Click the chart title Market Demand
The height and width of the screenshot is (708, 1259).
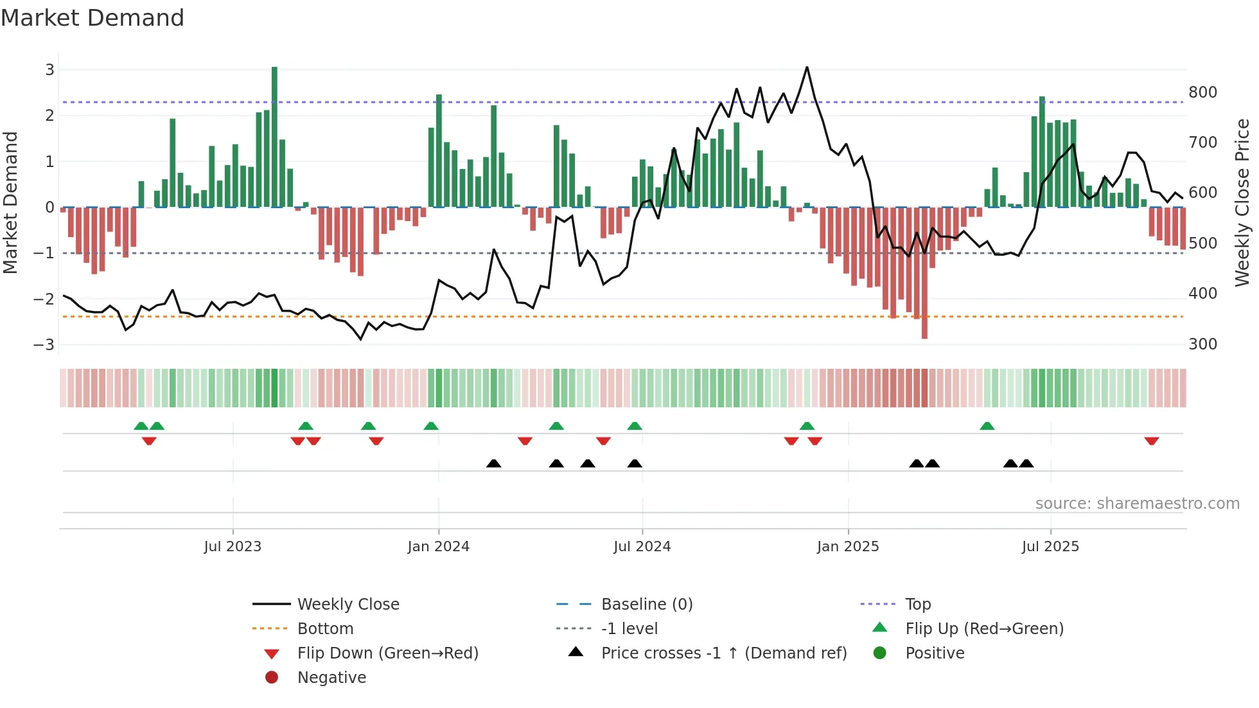tap(92, 18)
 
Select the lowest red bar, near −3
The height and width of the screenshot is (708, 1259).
tap(924, 273)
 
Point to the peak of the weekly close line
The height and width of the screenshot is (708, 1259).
tap(807, 67)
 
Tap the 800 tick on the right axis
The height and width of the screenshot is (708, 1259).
tap(1202, 93)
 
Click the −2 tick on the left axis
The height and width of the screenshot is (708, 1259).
tap(44, 299)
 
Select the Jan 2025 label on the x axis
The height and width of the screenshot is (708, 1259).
tap(847, 547)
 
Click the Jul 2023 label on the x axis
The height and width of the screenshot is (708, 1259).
tap(233, 547)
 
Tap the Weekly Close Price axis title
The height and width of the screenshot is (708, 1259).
tap(1242, 202)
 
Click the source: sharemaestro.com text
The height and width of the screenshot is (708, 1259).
tap(1137, 504)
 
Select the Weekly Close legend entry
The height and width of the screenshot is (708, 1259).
tap(348, 605)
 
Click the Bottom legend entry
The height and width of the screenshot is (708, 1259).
tap(325, 629)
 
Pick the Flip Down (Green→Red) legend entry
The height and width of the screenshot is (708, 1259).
tap(387, 653)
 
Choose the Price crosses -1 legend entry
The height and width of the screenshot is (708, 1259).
tap(723, 653)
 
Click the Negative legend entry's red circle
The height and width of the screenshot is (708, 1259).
tap(272, 678)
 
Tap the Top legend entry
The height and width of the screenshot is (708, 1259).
tap(917, 605)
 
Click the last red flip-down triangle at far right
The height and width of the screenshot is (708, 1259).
tap(1151, 441)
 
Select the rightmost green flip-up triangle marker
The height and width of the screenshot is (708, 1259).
tap(987, 426)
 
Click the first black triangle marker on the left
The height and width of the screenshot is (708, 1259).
tap(493, 463)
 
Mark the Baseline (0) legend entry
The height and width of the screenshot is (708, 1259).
tap(646, 605)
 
